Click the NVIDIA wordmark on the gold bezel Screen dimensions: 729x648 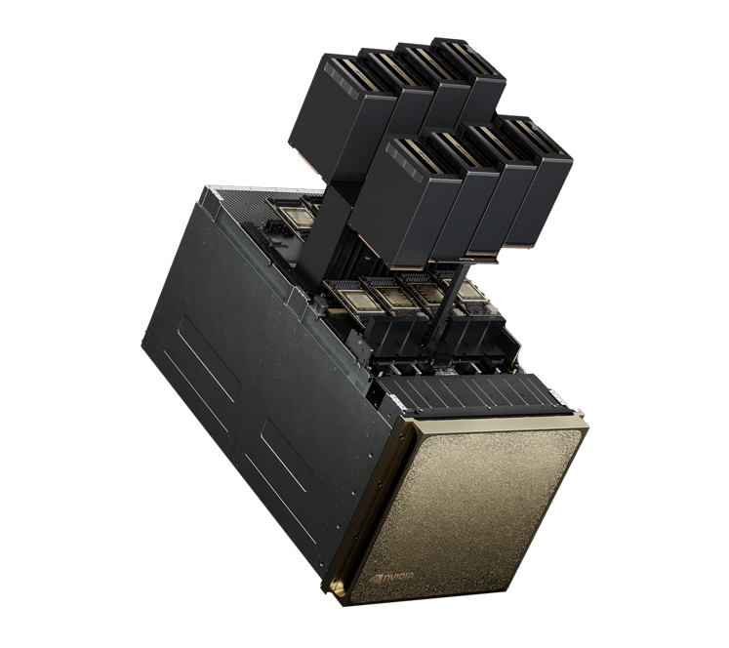tap(398, 577)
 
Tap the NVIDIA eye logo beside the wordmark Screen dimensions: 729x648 tap(375, 580)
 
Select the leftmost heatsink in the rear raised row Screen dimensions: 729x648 tap(344, 116)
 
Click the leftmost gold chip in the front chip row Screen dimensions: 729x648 tap(357, 299)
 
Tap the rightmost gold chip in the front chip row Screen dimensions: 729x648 tap(469, 292)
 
